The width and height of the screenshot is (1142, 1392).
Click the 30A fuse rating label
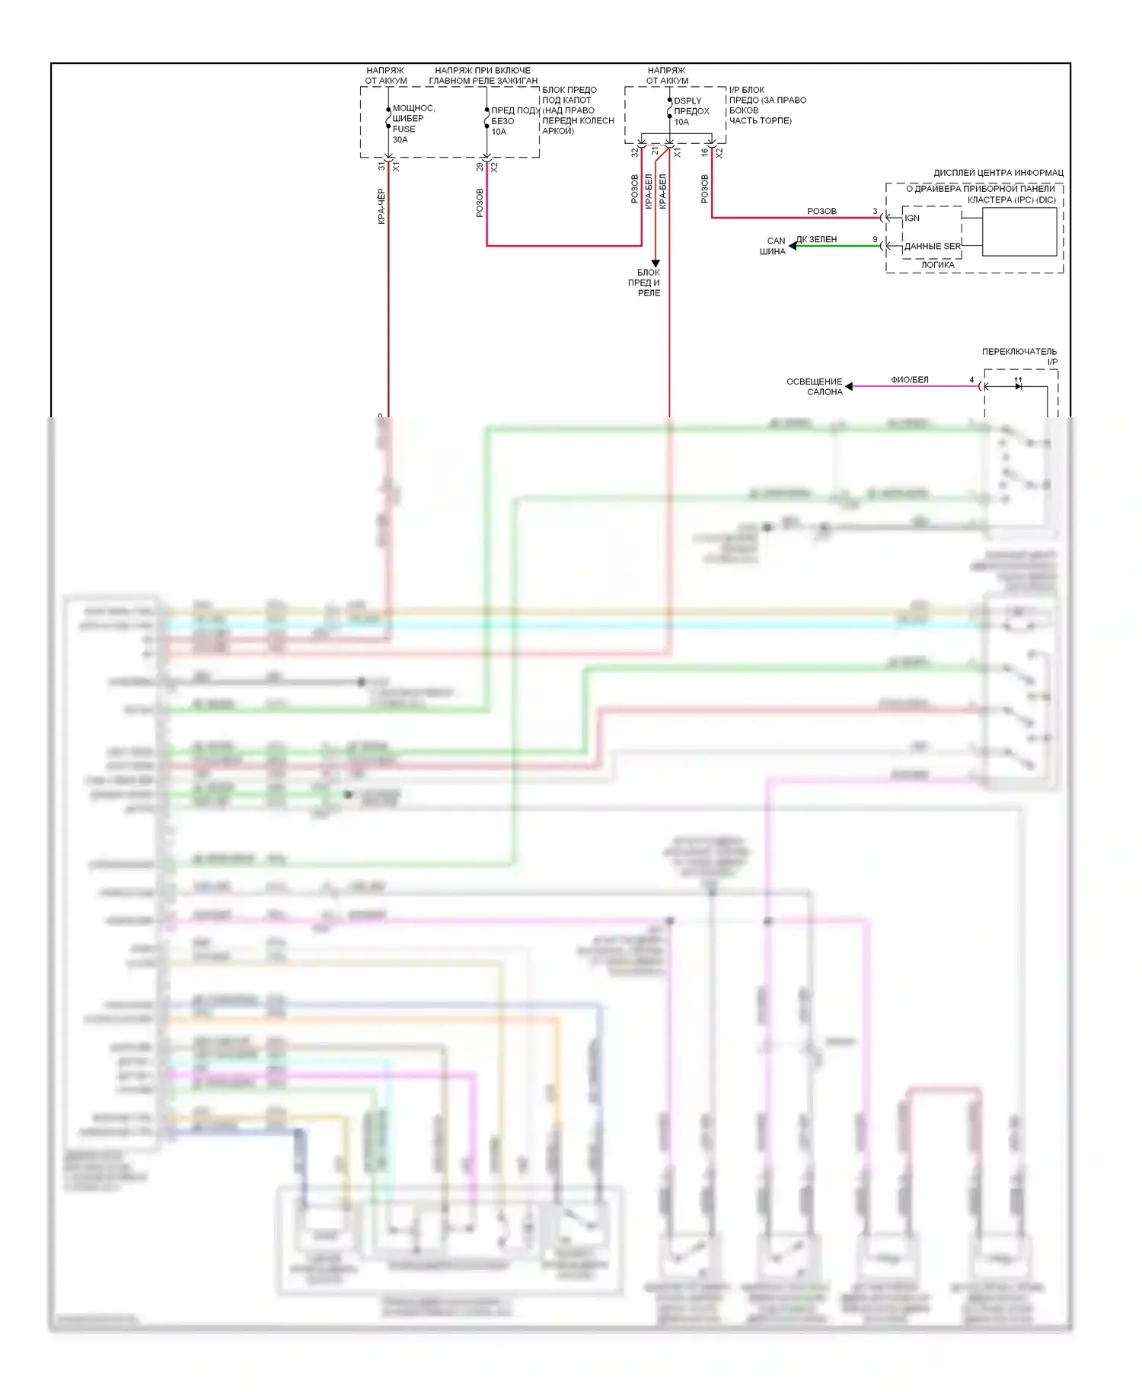point(400,140)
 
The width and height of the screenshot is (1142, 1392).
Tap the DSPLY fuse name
point(687,101)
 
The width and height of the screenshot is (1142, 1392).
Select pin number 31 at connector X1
point(381,166)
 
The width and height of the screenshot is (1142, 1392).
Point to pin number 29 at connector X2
point(479,166)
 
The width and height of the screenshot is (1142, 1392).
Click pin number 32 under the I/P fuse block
point(634,152)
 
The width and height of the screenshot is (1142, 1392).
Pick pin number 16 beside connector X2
point(704,152)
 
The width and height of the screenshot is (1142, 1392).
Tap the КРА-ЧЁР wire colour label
point(381,206)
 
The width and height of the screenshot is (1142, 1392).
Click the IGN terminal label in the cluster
point(912,218)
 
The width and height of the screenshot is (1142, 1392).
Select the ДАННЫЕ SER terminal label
point(932,246)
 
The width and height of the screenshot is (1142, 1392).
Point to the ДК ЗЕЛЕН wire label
point(816,239)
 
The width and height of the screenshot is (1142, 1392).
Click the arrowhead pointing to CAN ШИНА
point(793,246)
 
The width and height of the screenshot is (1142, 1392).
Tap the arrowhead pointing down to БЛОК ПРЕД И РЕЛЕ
point(655,263)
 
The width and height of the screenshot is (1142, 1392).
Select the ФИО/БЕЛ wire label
point(910,379)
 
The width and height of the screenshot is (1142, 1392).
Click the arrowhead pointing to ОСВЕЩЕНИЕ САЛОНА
point(849,386)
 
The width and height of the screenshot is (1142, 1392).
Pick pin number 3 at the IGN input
point(875,212)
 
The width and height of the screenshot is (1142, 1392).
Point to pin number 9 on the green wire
point(875,240)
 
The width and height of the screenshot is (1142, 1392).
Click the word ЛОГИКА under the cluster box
point(937,265)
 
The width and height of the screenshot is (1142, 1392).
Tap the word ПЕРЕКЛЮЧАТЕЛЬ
point(1019,352)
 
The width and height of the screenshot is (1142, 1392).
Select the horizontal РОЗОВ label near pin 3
point(821,211)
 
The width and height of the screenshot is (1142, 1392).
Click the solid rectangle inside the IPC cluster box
point(1019,231)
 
